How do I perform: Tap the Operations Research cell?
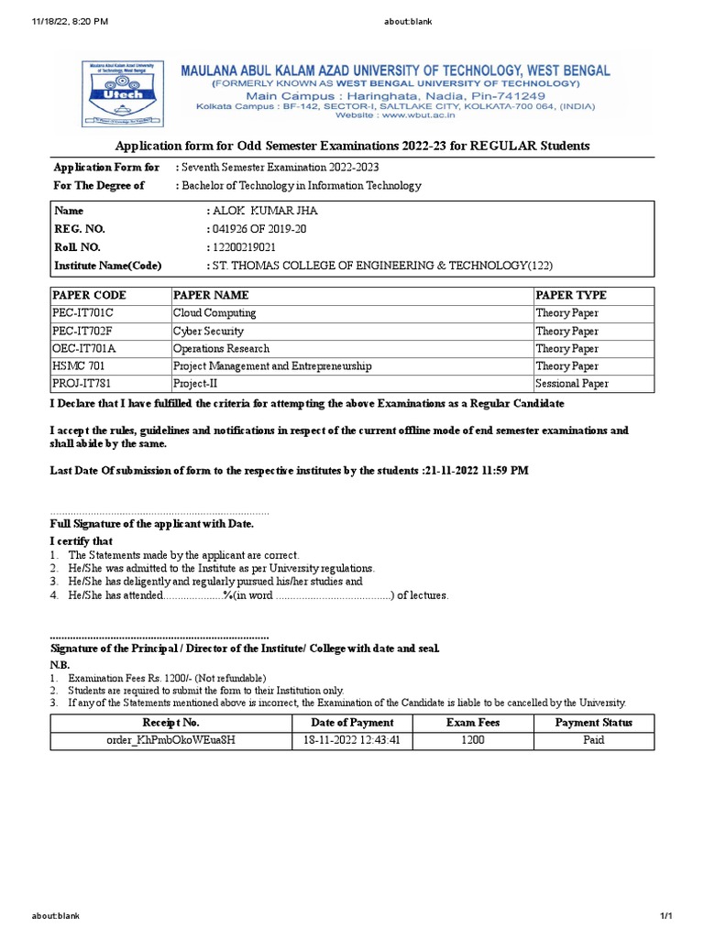click(221, 349)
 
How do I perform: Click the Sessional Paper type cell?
click(572, 384)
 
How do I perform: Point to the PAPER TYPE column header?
click(571, 296)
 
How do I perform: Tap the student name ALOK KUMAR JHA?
click(266, 212)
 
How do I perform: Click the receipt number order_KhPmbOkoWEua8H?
click(171, 740)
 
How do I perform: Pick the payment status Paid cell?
click(593, 740)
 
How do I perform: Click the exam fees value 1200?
click(473, 740)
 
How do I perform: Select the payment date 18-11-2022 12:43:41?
click(353, 740)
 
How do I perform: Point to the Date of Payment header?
click(353, 723)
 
